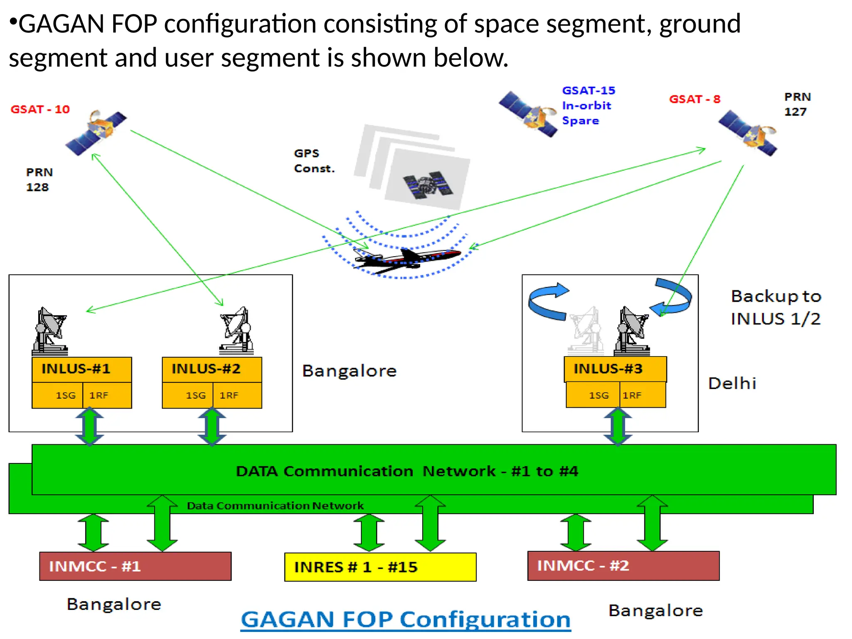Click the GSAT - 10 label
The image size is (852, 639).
click(x=40, y=109)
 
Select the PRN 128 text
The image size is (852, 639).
click(x=39, y=180)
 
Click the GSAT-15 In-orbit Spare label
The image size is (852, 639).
click(x=588, y=106)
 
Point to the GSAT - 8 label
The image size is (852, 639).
click(x=694, y=99)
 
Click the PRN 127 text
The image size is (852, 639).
click(x=797, y=104)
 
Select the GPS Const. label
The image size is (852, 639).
click(x=314, y=161)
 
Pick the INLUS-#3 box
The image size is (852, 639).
click(x=615, y=369)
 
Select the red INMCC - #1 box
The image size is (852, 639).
click(x=135, y=566)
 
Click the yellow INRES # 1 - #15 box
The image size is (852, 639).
click(x=380, y=567)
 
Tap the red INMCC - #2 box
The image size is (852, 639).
click(x=623, y=566)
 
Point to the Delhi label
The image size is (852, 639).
click(x=732, y=384)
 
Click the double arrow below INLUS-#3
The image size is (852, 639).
click(x=618, y=426)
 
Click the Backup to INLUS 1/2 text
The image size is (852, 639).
click(x=775, y=308)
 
